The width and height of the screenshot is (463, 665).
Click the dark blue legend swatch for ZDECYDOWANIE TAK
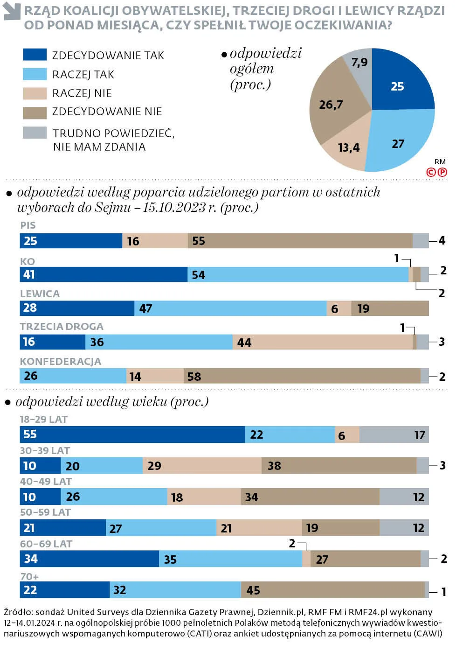(35, 55)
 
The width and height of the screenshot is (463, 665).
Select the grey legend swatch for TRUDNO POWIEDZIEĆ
(35, 133)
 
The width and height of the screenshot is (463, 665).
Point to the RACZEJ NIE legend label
(82, 93)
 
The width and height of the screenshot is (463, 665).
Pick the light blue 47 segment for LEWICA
(231, 308)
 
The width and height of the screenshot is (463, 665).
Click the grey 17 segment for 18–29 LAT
(394, 435)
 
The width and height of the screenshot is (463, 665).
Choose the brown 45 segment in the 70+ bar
(333, 590)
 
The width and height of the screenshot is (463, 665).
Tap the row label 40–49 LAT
(46, 482)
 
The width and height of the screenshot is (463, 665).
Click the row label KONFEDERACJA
(61, 362)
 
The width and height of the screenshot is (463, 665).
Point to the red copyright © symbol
(431, 172)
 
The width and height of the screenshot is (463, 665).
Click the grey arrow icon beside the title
(12, 12)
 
